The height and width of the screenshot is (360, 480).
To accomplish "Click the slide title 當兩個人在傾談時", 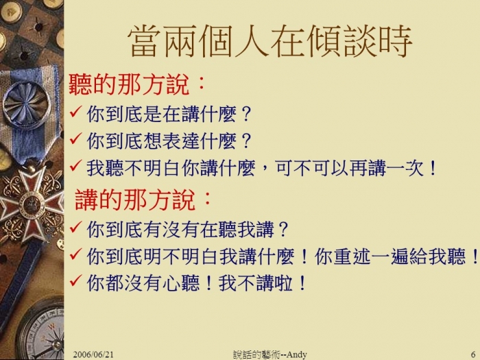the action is pos(269,41).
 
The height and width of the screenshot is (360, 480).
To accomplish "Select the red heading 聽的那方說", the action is pos(128,84).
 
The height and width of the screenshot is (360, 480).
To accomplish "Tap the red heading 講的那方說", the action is pos(134,200).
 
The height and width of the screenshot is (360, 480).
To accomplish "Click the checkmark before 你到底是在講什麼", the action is pos(75,112).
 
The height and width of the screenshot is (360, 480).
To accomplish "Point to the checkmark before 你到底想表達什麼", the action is pos(75,139).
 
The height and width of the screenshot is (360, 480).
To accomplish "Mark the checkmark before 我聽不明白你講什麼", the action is pos(75,166).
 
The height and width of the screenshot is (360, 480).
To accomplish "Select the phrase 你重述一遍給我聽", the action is pos(389,256).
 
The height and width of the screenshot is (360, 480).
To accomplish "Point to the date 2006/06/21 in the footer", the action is pos(93,355).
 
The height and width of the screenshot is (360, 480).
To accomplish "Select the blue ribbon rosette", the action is pos(25,106).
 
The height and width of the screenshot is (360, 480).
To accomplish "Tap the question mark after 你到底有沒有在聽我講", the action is pos(283,230).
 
